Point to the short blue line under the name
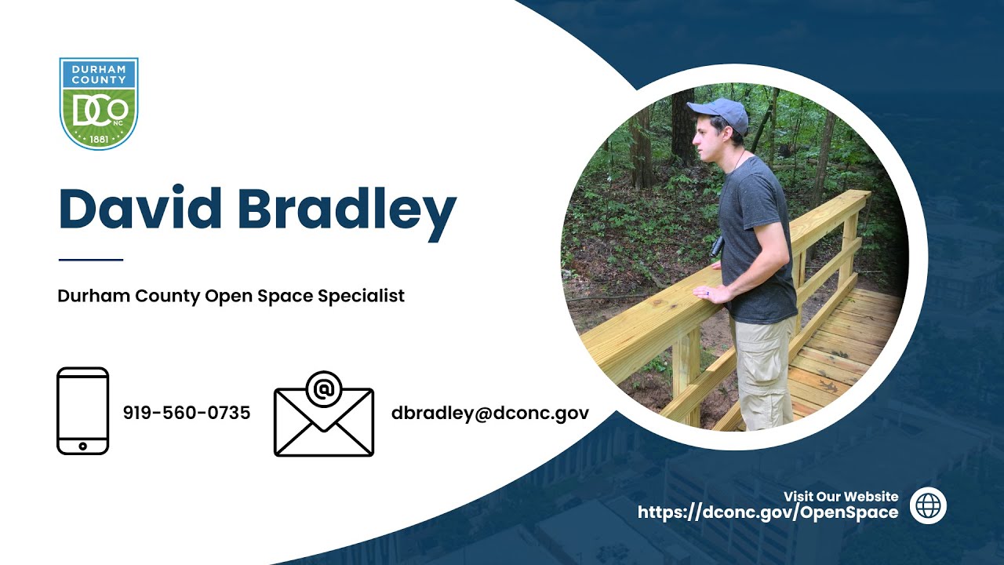[x=90, y=260]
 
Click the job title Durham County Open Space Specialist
[x=231, y=297]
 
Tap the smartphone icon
[x=83, y=410]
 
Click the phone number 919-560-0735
[x=187, y=413]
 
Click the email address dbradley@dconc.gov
[x=489, y=413]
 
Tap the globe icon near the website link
[x=928, y=505]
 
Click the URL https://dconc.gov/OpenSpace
[x=767, y=513]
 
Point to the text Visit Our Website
[x=840, y=496]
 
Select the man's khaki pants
[x=763, y=369]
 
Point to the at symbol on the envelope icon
[x=323, y=388]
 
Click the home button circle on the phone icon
[x=83, y=446]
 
